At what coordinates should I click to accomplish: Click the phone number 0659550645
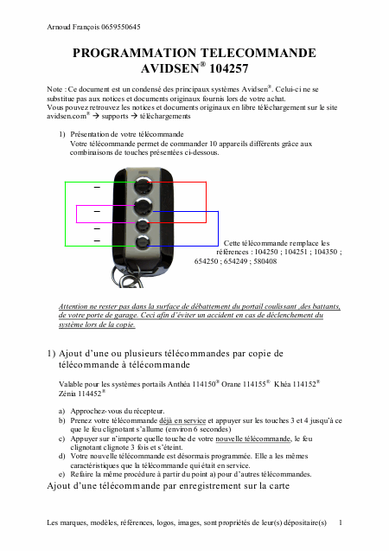(x=121, y=27)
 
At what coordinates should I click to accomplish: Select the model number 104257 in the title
(x=228, y=68)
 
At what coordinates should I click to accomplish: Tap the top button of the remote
(x=143, y=184)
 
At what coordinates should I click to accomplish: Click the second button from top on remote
(x=143, y=206)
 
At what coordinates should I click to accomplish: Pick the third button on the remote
(x=143, y=225)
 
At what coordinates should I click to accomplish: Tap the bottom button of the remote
(x=143, y=242)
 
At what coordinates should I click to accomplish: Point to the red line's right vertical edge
(x=206, y=202)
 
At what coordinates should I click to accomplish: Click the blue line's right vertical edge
(x=218, y=228)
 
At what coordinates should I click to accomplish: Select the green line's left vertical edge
(x=66, y=214)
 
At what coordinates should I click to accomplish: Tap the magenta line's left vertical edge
(x=77, y=214)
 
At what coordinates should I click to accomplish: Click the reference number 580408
(x=265, y=261)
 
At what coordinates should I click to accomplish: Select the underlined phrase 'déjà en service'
(x=182, y=420)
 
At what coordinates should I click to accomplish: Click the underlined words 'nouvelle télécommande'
(x=253, y=439)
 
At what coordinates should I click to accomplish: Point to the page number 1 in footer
(x=341, y=522)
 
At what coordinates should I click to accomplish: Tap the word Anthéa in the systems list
(x=179, y=384)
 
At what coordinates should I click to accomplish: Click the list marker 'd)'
(x=61, y=457)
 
